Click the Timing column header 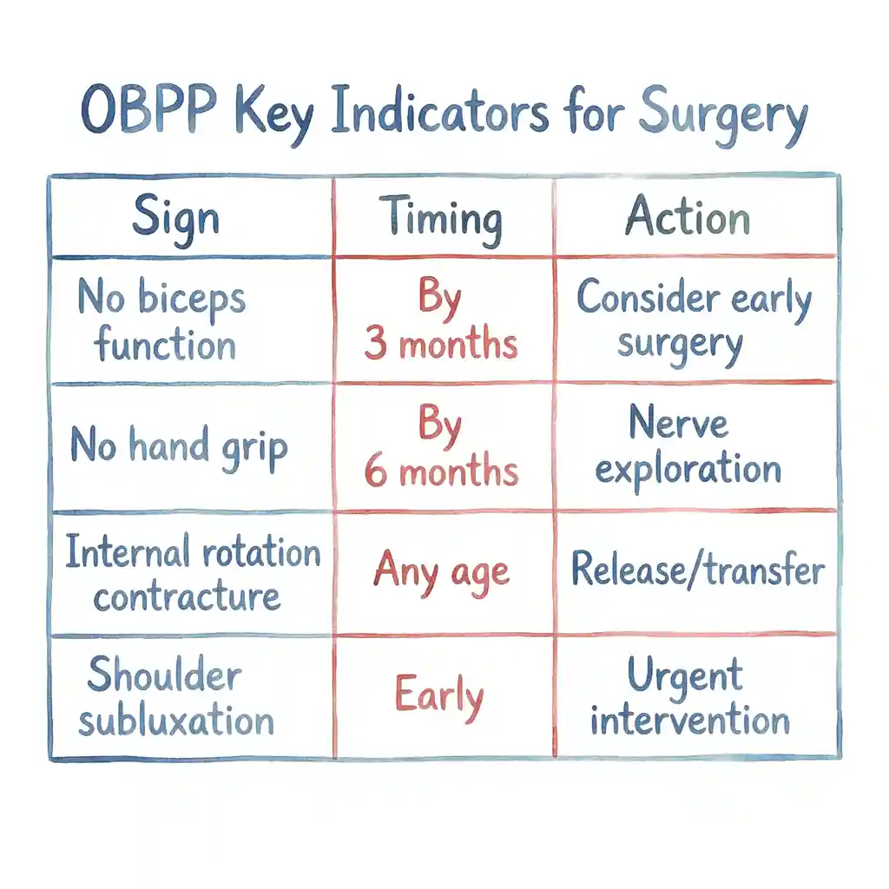(x=442, y=216)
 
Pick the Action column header (x=688, y=216)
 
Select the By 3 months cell (x=441, y=321)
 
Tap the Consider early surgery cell (x=693, y=321)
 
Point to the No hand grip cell (x=179, y=447)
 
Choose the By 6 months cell (x=441, y=447)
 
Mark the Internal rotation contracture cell (x=192, y=574)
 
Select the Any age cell (x=441, y=574)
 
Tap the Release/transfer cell (x=697, y=570)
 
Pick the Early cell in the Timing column (x=438, y=696)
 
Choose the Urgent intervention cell (x=689, y=697)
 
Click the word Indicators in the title (x=439, y=115)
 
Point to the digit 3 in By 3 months (x=375, y=344)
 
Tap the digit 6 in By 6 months (x=375, y=471)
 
